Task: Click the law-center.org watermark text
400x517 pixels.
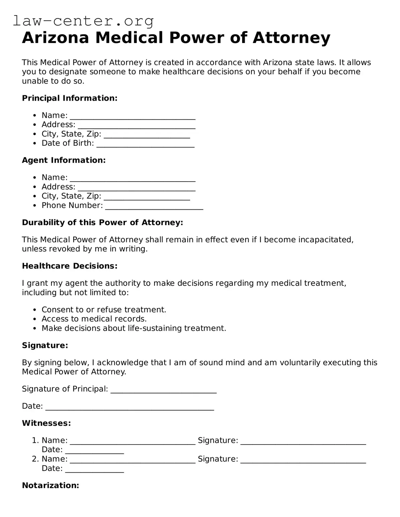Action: tap(83, 21)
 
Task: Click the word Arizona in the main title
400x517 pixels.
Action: tap(55, 38)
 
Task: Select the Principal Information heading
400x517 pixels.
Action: tap(70, 98)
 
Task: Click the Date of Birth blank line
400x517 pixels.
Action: tap(145, 144)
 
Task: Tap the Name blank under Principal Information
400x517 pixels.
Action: tap(132, 116)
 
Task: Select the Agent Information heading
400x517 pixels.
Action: tap(64, 160)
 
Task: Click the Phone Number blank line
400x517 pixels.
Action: tap(154, 206)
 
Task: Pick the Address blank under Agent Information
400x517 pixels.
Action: tap(136, 187)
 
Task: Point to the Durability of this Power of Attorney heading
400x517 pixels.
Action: tap(102, 222)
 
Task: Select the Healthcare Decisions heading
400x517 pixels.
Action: tap(70, 266)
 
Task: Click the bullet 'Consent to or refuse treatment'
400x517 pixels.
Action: tap(104, 309)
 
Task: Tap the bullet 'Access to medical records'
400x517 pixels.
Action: tap(94, 319)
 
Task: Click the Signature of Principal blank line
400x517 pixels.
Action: tap(163, 389)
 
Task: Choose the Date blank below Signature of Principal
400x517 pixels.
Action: tap(129, 406)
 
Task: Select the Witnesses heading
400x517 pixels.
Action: tap(46, 423)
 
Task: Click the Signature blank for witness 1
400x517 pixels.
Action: tap(303, 441)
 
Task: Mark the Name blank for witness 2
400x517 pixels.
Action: tap(132, 459)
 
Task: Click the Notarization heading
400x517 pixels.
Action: tap(50, 485)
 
